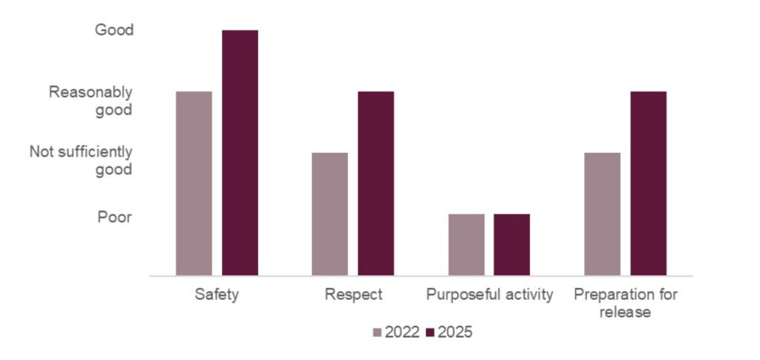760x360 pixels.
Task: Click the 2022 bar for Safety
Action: [194, 183]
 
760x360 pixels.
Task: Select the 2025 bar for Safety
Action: [240, 153]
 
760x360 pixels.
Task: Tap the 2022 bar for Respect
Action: [330, 214]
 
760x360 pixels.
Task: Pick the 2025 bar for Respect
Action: [376, 183]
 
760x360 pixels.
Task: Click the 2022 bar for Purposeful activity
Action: [466, 244]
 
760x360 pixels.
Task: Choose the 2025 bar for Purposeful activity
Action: [512, 244]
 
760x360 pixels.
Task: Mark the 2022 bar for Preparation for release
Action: [602, 214]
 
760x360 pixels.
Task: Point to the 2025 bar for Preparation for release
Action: [648, 183]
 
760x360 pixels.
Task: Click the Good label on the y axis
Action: [114, 30]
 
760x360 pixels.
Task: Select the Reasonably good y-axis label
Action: [91, 101]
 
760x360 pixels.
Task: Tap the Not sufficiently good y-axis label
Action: [81, 161]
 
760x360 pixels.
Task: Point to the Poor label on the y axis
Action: [114, 217]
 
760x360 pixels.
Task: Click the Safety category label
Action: [217, 295]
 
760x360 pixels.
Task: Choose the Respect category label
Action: [353, 295]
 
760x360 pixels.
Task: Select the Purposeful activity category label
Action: [490, 295]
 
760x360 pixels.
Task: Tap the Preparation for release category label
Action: [626, 303]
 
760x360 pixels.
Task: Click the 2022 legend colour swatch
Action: [377, 333]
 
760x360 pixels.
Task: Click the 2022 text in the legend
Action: [402, 333]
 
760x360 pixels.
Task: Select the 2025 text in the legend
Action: [455, 333]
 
